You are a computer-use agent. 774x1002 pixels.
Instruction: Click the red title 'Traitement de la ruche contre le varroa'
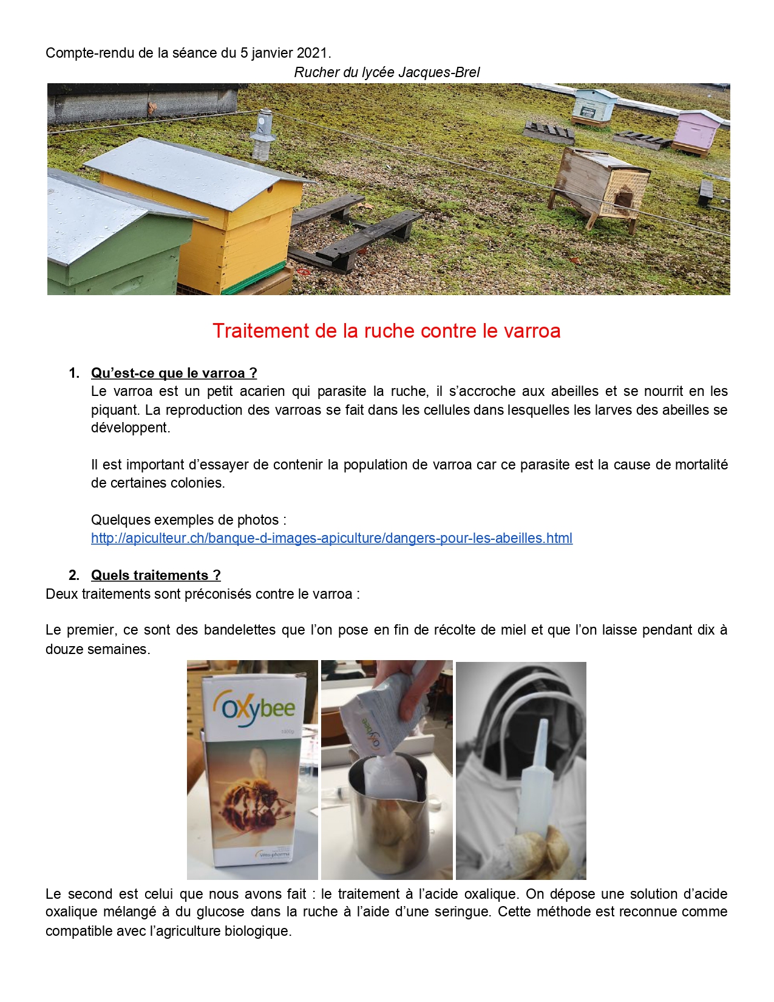pos(386,331)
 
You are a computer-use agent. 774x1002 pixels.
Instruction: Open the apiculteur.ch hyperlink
pos(331,538)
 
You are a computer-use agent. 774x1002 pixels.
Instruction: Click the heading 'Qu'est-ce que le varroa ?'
pos(174,373)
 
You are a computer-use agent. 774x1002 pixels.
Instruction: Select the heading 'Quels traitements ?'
pos(155,575)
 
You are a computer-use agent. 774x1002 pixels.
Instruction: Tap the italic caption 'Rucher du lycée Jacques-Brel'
pos(387,72)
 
